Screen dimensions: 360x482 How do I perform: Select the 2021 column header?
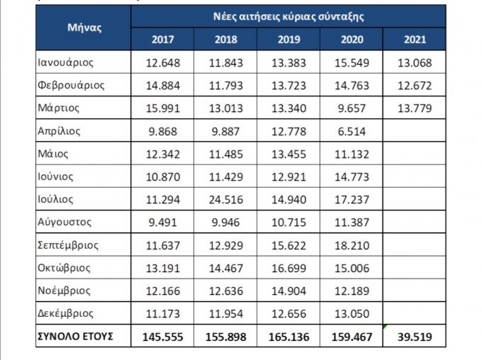tap(415, 39)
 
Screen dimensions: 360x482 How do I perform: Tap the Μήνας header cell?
tap(84, 28)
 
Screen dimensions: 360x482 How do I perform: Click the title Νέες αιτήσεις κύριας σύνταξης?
tap(288, 16)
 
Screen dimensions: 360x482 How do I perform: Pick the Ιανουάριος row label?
tap(66, 62)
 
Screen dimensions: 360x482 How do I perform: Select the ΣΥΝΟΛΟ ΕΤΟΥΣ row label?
tap(74, 336)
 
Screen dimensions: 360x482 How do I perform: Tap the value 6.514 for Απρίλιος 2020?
tap(352, 131)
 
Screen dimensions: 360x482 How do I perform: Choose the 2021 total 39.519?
tap(415, 337)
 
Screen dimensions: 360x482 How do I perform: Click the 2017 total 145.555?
tap(162, 337)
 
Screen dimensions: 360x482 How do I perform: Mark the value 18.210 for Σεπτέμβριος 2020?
tap(352, 245)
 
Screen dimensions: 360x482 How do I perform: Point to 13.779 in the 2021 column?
tap(415, 108)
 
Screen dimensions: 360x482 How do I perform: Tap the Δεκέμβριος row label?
tap(66, 313)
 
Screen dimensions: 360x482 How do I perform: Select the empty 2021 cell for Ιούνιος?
tap(415, 176)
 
